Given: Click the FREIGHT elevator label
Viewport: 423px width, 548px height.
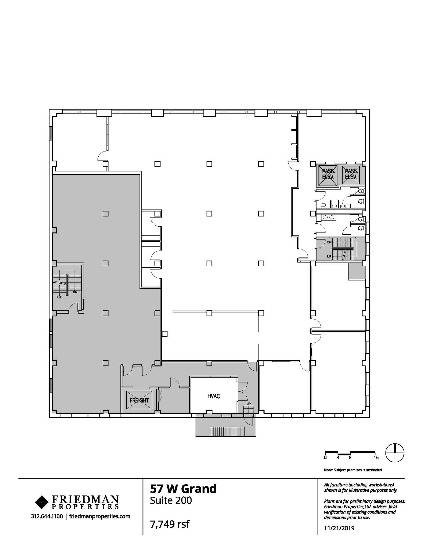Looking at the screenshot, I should click(139, 400).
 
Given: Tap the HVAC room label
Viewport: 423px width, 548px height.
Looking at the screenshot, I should click(214, 396).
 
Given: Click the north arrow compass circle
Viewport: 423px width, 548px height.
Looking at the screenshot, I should click(395, 453).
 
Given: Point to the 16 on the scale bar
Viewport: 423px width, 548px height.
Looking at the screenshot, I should click(376, 458).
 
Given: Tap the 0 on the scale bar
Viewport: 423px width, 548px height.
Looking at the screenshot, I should click(325, 458).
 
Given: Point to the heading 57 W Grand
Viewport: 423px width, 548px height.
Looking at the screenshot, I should click(183, 489).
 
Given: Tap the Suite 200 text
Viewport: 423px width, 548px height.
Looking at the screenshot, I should click(171, 500).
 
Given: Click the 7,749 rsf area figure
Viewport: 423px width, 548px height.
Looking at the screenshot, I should click(170, 524).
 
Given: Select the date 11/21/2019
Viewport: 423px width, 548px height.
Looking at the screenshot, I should click(339, 528).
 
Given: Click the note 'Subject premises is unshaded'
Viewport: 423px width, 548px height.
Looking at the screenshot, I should click(353, 470).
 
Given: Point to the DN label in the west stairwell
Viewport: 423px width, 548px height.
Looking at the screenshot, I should click(75, 292).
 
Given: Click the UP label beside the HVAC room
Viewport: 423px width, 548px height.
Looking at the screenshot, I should click(249, 404).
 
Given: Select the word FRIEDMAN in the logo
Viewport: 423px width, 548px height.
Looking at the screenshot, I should click(85, 499).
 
